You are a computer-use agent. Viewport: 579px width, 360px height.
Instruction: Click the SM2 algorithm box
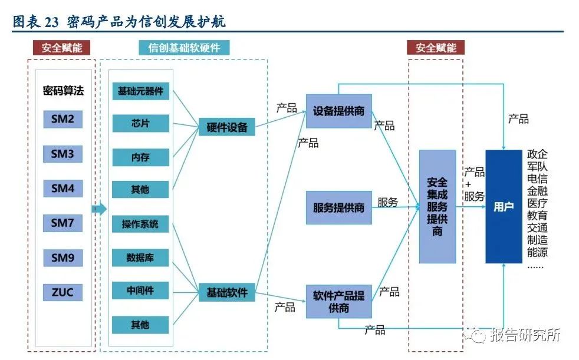(x=62, y=120)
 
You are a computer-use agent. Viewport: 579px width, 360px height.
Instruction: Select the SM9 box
(x=62, y=257)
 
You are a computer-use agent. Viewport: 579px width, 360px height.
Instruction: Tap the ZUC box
(x=62, y=292)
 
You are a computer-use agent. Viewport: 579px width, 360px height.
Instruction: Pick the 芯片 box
(x=140, y=123)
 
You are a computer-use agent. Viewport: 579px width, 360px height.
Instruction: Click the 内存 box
(x=140, y=157)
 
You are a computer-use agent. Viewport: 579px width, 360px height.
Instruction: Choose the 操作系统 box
(x=140, y=224)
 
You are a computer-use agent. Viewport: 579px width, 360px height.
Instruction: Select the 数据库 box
(x=140, y=257)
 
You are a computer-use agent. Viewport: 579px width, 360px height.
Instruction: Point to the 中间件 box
(x=140, y=290)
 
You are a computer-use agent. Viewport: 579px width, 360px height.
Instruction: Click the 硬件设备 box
(x=226, y=127)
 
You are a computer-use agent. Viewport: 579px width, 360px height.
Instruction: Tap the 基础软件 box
(x=226, y=292)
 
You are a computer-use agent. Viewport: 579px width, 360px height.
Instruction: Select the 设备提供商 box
(x=338, y=111)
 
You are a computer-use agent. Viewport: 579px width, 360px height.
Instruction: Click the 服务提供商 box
(x=338, y=207)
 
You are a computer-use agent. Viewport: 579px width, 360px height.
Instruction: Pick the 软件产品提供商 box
(x=338, y=301)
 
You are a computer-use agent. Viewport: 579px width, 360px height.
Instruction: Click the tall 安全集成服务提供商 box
(x=437, y=206)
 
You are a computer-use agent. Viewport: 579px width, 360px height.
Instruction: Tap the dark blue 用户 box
(x=504, y=207)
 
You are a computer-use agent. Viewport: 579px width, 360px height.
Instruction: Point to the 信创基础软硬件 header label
(x=185, y=48)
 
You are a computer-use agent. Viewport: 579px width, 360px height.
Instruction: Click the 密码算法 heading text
(x=63, y=91)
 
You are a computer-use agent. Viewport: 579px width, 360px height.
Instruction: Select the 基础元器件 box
(x=140, y=91)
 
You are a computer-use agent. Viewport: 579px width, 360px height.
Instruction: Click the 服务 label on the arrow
(x=387, y=202)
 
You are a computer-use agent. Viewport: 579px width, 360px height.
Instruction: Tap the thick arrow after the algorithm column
(x=99, y=208)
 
